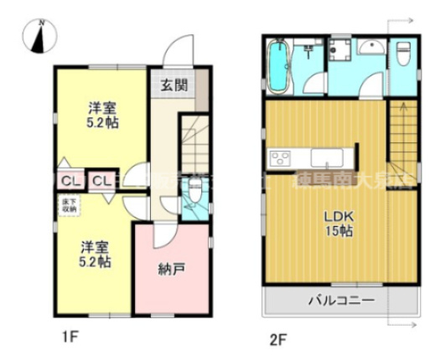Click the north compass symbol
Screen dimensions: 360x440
[39, 34]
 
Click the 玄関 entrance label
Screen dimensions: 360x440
[173, 85]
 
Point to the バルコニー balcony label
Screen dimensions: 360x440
[339, 300]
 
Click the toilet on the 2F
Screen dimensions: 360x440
[401, 54]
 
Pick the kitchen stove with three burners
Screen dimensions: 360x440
[279, 157]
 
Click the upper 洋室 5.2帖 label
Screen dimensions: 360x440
[103, 115]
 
